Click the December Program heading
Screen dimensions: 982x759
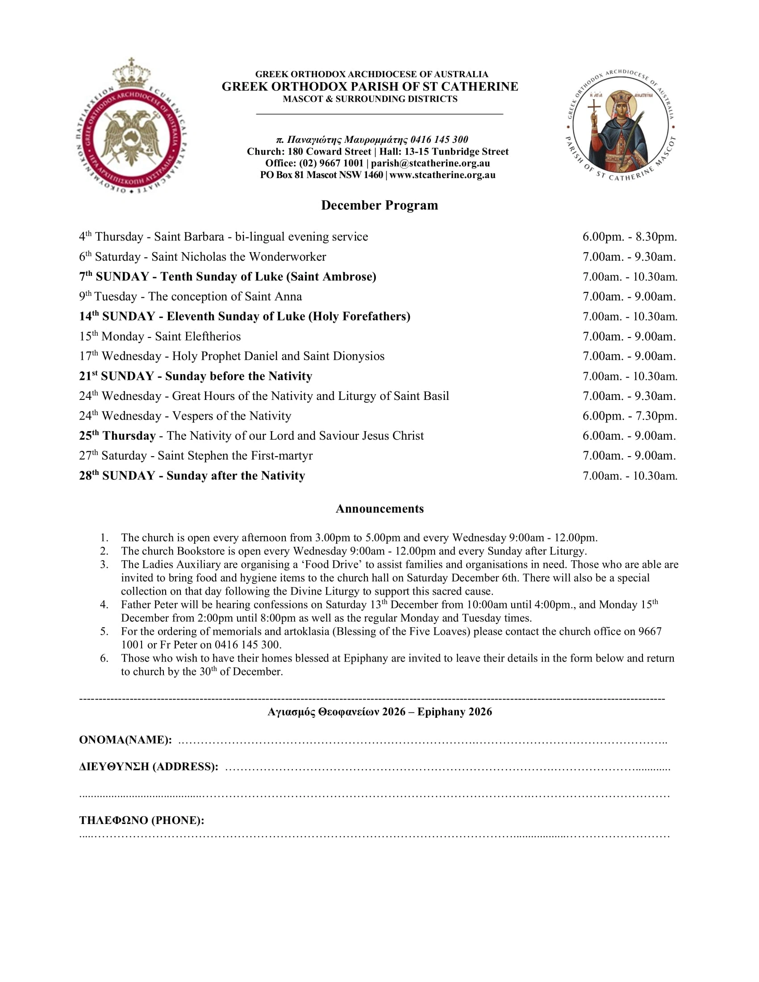coord(379,205)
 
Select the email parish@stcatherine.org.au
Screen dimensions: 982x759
coord(430,163)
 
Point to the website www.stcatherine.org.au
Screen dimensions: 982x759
coord(442,175)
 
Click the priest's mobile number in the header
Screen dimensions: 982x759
coord(439,140)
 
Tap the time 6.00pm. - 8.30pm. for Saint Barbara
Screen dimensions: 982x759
coord(630,237)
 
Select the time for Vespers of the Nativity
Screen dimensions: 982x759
coord(630,416)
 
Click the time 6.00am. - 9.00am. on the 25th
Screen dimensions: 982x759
coord(629,436)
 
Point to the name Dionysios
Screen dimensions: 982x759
coord(358,356)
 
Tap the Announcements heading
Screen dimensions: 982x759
coord(379,508)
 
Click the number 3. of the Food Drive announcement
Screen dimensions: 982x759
coord(104,565)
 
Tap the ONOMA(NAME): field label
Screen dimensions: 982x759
coord(125,740)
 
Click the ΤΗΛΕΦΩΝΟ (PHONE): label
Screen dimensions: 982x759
coord(142,820)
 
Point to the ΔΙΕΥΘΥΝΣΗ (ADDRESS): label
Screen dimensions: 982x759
coord(149,766)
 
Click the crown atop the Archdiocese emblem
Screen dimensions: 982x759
coord(131,74)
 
